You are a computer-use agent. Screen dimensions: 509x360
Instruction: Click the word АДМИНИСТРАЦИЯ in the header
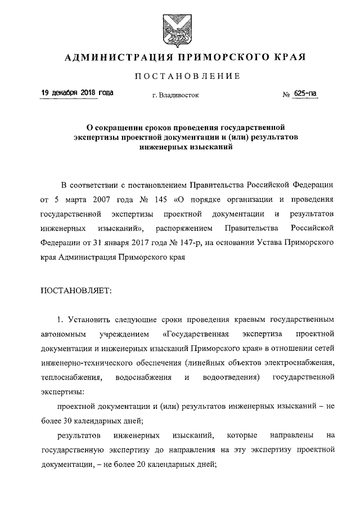(x=113, y=57)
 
